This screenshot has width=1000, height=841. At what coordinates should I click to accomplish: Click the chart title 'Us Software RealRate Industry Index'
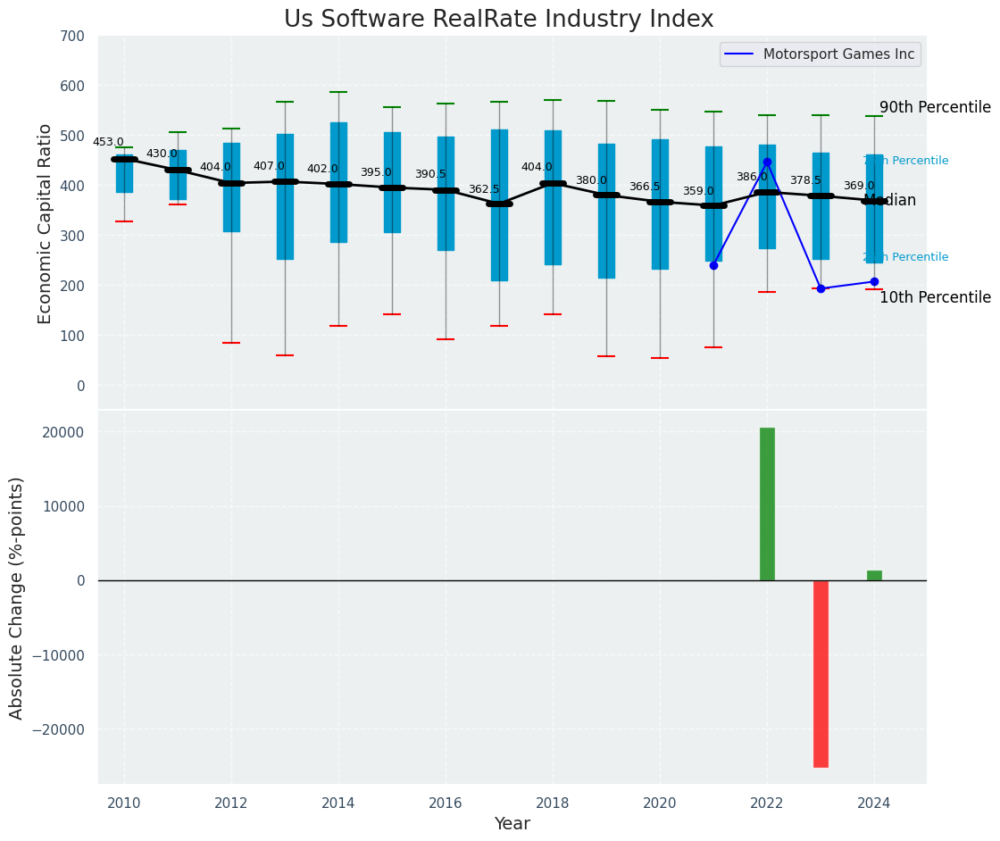pyautogui.click(x=498, y=20)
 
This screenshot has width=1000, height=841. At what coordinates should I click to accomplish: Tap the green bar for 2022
pyautogui.click(x=767, y=504)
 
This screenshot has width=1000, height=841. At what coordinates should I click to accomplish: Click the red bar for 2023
pyautogui.click(x=821, y=673)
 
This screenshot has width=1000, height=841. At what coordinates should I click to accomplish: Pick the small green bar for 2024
pyautogui.click(x=874, y=576)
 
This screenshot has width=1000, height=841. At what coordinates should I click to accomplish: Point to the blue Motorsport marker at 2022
pyautogui.click(x=767, y=162)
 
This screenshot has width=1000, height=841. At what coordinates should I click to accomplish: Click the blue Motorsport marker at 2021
pyautogui.click(x=713, y=265)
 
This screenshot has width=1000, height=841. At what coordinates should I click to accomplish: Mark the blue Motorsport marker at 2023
pyautogui.click(x=821, y=288)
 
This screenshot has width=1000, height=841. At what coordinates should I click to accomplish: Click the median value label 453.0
pyautogui.click(x=108, y=142)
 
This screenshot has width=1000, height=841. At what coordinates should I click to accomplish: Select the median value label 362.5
pyautogui.click(x=484, y=189)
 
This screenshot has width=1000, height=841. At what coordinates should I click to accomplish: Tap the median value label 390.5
pyautogui.click(x=430, y=174)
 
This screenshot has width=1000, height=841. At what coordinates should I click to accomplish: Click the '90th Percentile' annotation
pyautogui.click(x=935, y=107)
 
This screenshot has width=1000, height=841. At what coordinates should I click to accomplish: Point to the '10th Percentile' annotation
pyautogui.click(x=935, y=297)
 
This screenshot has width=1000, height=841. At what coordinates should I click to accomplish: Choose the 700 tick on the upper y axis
pyautogui.click(x=73, y=37)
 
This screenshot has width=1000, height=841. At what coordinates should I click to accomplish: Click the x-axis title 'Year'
pyautogui.click(x=512, y=824)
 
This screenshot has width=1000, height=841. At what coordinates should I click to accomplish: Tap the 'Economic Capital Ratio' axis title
pyautogui.click(x=46, y=223)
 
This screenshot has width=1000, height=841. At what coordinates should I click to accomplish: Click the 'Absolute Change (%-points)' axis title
pyautogui.click(x=17, y=598)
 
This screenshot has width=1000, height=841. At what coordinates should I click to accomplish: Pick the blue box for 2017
pyautogui.click(x=499, y=205)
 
